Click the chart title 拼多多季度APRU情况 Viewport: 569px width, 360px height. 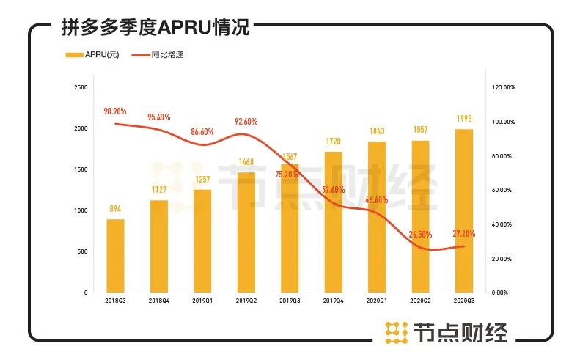click(156, 28)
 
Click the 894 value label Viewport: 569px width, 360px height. click(115, 209)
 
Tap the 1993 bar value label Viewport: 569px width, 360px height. click(464, 119)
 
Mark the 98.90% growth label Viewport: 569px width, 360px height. click(115, 111)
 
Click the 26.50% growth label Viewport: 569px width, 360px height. click(420, 235)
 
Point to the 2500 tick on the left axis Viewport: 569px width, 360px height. click(81, 87)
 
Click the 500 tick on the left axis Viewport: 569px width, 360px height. click(83, 251)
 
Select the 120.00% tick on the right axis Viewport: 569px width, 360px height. click(503, 87)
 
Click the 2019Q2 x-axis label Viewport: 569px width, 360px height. click(246, 301)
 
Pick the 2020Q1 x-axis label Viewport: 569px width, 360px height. click(377, 301)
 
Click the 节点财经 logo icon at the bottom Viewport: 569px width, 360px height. click(397, 332)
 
